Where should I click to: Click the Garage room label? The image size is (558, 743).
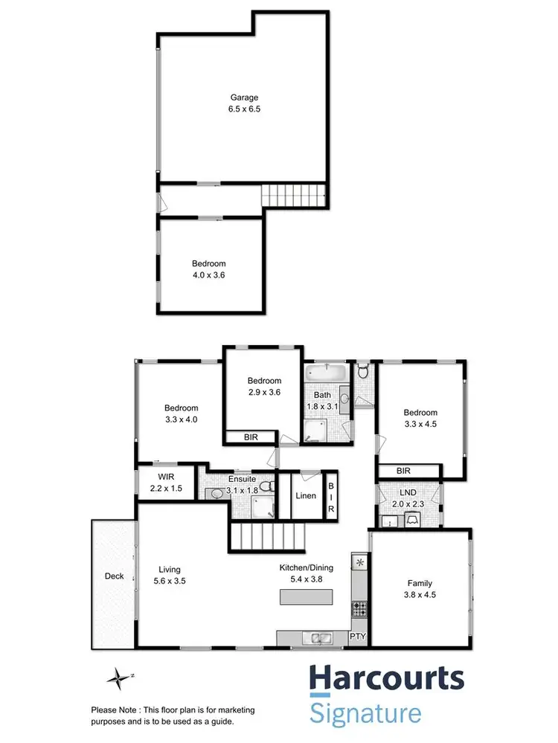pyautogui.click(x=245, y=97)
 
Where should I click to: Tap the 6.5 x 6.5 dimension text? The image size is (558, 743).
pyautogui.click(x=245, y=109)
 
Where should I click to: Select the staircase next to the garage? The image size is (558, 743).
pyautogui.click(x=295, y=196)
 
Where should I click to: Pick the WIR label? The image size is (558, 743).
pyautogui.click(x=165, y=477)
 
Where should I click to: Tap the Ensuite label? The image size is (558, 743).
pyautogui.click(x=243, y=479)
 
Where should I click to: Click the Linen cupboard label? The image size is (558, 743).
pyautogui.click(x=307, y=495)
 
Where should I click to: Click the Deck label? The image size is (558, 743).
pyautogui.click(x=114, y=576)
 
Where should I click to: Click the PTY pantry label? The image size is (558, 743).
pyautogui.click(x=359, y=637)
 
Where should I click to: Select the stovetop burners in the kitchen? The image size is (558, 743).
pyautogui.click(x=359, y=608)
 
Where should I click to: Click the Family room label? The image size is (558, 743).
pyautogui.click(x=420, y=584)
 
